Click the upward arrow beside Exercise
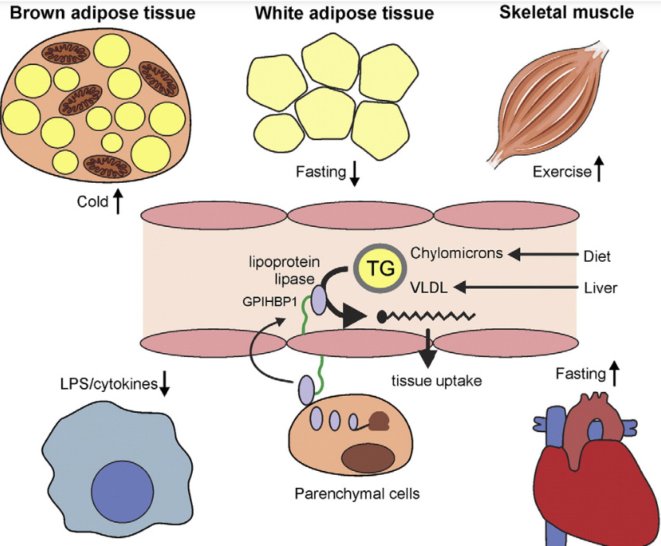pos(598,171)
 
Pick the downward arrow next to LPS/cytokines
pos(164,384)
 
